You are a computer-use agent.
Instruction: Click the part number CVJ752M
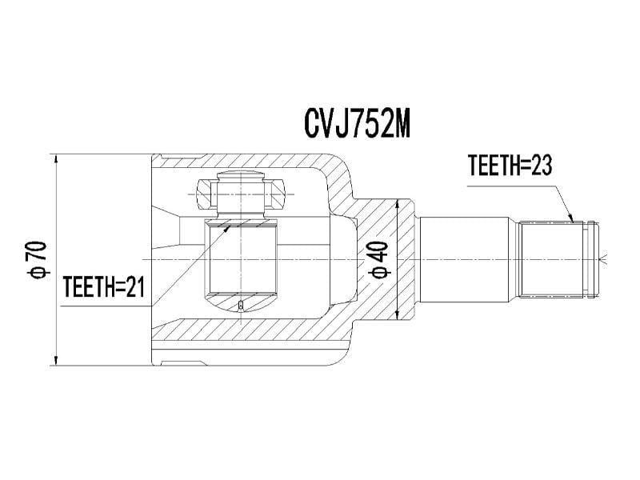pyautogui.click(x=357, y=122)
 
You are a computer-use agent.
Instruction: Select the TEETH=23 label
pyautogui.click(x=510, y=166)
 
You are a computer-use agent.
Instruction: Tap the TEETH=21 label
pyautogui.click(x=103, y=287)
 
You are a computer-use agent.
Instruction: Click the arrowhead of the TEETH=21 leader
pyautogui.click(x=228, y=227)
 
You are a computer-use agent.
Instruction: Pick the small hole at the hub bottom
pyautogui.click(x=241, y=306)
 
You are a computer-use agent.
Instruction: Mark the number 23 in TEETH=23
pyautogui.click(x=539, y=166)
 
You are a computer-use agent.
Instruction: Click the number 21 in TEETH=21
pyautogui.click(x=134, y=287)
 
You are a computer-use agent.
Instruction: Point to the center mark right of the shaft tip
pyautogui.click(x=606, y=258)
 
